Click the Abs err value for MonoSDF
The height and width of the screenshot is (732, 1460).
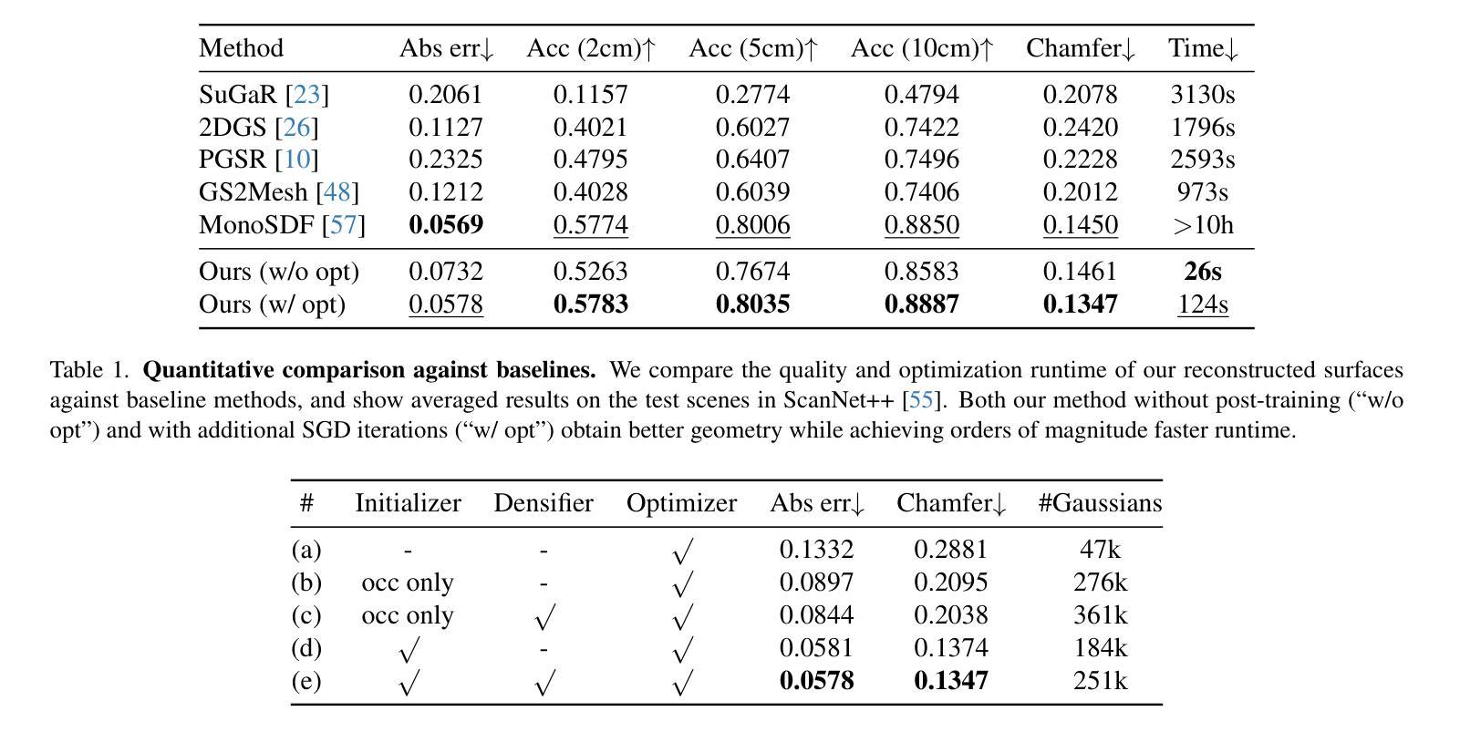click(x=446, y=225)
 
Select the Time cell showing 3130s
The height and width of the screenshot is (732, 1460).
click(x=1203, y=95)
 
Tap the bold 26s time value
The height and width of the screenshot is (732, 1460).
click(x=1203, y=271)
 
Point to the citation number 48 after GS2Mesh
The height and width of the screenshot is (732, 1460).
click(x=337, y=192)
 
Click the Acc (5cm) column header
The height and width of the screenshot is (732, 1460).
click(x=753, y=48)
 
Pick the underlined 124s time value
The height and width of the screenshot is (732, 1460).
click(x=1203, y=304)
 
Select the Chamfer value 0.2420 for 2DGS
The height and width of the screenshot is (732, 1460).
click(x=1080, y=127)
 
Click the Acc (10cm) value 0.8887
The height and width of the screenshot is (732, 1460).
click(x=922, y=304)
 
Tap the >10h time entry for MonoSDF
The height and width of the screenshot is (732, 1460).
click(x=1203, y=225)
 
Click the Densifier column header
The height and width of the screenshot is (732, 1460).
click(x=544, y=503)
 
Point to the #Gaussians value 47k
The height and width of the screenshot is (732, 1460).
click(x=1100, y=550)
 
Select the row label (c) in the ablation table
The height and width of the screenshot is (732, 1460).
click(x=306, y=615)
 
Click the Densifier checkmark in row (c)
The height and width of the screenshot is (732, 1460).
click(x=544, y=616)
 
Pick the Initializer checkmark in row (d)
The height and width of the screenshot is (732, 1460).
click(x=408, y=649)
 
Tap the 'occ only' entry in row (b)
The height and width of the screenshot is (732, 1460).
click(x=408, y=583)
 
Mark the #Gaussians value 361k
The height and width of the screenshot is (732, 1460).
click(x=1100, y=615)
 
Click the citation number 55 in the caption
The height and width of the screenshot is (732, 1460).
click(x=921, y=399)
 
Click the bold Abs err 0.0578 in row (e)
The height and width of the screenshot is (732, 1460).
click(x=816, y=681)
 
